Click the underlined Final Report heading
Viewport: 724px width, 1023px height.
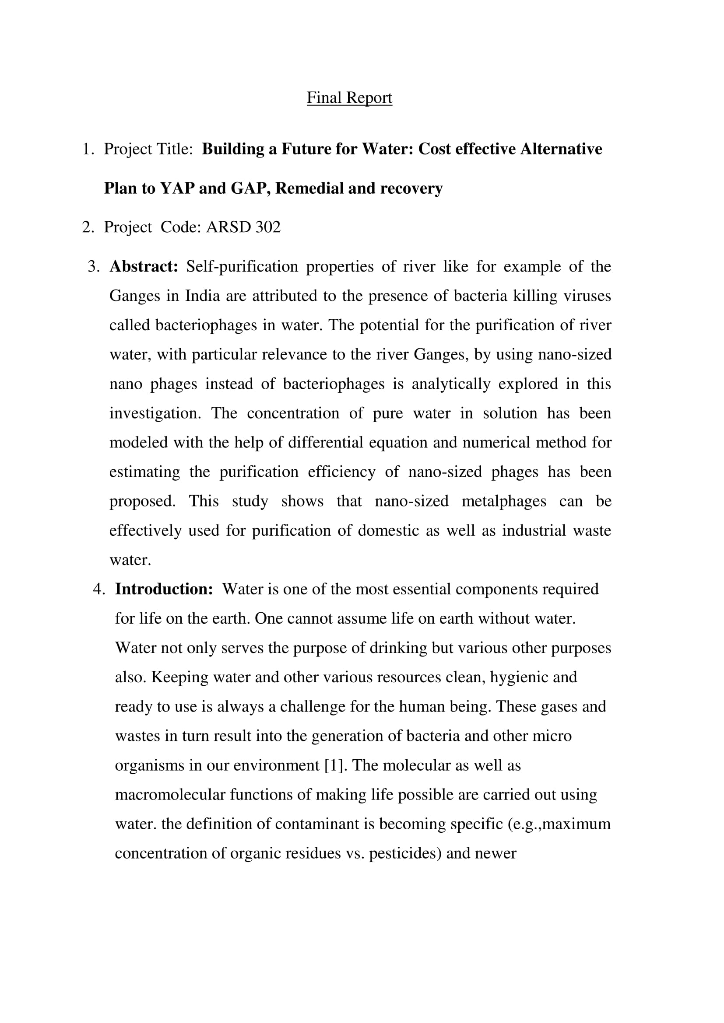349,98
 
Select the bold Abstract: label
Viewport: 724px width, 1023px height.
144,266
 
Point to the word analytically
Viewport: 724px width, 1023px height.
451,384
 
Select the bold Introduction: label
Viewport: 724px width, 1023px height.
164,589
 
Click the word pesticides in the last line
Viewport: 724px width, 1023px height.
405,853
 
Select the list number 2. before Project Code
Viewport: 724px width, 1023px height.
88,227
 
